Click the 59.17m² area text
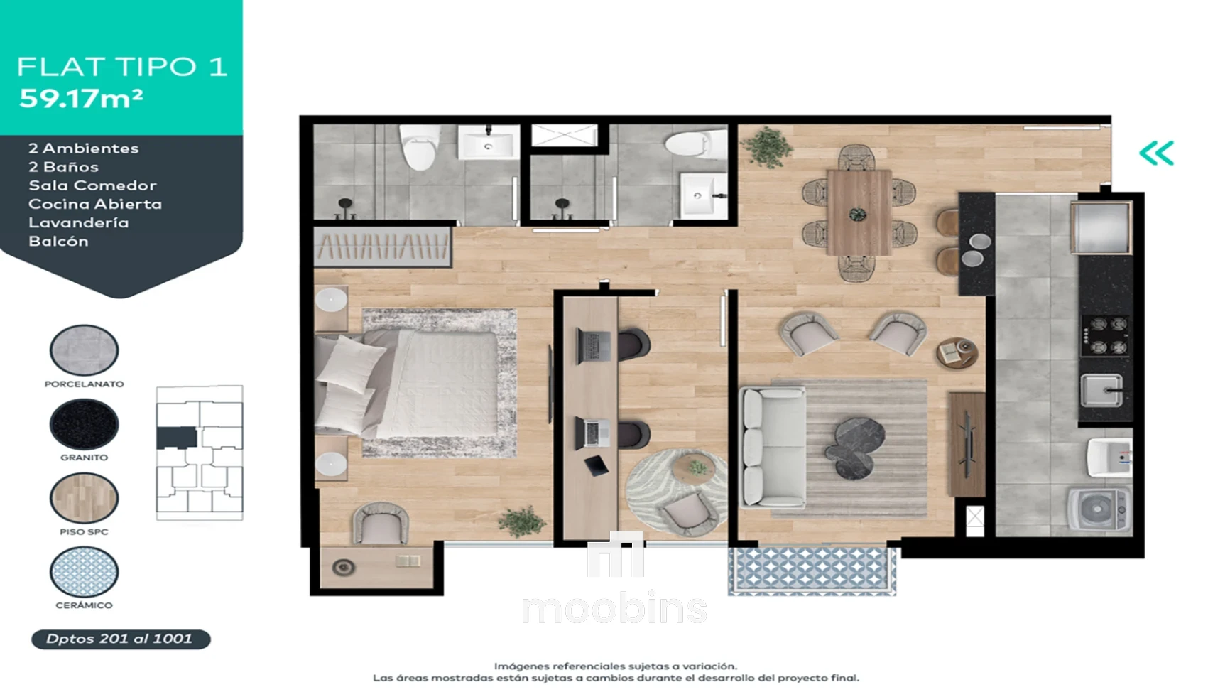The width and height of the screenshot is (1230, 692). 81,98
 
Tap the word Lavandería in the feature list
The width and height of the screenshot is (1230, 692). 79,222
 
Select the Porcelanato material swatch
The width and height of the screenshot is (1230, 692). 84,350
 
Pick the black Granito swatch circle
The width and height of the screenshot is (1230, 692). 84,424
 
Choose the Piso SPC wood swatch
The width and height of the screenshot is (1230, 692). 84,497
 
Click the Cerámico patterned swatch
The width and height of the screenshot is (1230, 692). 84,571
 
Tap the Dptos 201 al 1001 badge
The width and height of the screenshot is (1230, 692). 121,639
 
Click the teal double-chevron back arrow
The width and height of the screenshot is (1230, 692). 1157,153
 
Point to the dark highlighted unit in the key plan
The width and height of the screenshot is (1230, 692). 176,437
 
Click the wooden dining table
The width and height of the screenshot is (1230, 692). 859,212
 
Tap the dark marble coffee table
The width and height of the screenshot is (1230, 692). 855,448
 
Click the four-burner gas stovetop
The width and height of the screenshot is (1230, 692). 1104,335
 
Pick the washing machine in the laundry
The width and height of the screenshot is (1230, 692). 1099,509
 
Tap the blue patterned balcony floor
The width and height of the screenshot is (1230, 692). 812,569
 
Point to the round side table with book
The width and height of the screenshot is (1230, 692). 957,353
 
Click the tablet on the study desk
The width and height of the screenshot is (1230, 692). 596,465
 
